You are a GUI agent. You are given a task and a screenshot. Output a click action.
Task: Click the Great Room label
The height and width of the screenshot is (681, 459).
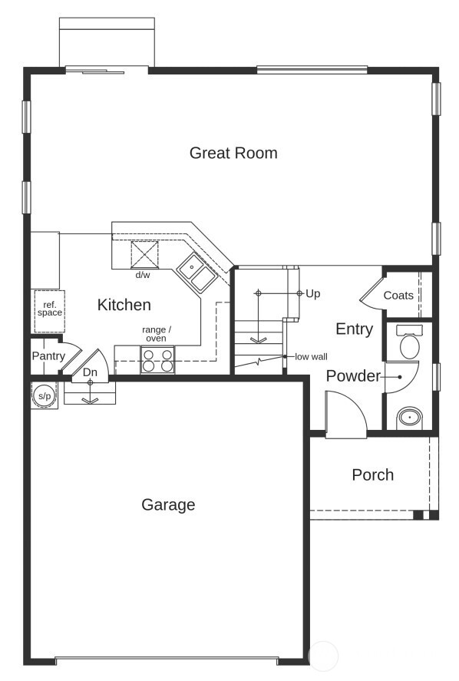[x=233, y=153]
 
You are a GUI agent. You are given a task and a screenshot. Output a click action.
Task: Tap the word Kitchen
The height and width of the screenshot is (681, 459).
[x=124, y=305]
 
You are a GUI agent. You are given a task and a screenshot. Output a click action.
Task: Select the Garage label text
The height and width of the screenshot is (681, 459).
[x=168, y=504]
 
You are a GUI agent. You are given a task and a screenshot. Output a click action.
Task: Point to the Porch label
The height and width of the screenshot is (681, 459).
[x=372, y=474]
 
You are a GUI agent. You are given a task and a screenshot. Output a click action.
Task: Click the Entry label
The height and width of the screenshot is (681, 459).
[x=354, y=329]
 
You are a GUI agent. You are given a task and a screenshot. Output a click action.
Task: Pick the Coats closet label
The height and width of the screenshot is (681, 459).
[x=398, y=296]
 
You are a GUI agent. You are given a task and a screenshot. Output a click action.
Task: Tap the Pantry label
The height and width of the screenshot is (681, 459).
[x=48, y=355]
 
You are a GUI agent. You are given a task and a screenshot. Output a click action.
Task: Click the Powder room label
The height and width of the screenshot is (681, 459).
[x=353, y=376]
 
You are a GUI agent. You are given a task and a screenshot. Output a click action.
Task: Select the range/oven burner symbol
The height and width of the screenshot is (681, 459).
[x=157, y=360]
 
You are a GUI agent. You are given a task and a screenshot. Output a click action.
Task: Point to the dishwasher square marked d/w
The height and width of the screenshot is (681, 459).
[x=144, y=253]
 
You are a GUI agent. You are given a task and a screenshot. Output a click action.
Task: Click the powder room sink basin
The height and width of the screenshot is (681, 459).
[x=410, y=418]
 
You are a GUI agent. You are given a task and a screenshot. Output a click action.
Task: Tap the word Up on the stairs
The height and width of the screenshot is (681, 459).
[x=312, y=293]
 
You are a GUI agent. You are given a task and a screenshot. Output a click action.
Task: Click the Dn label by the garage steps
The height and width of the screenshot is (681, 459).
[x=91, y=372]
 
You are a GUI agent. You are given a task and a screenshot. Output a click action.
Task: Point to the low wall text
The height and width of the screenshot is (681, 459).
[x=311, y=357]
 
